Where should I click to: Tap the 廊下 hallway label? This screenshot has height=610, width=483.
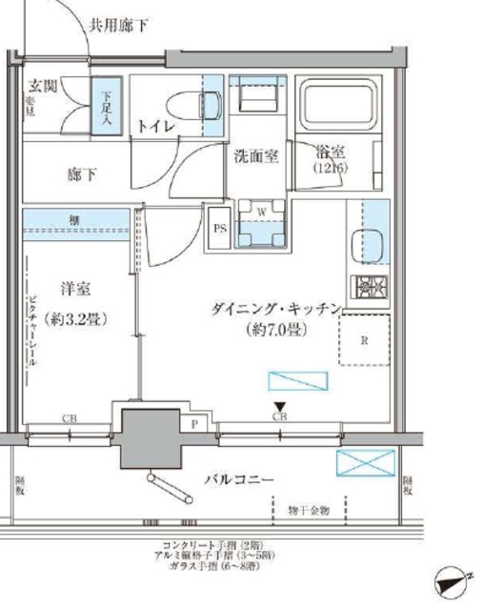pos(82,174)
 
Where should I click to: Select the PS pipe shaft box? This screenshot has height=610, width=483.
pos(218,228)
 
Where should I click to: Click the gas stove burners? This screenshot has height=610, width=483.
pos(368,285)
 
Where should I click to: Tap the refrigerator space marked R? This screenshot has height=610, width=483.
pos(366,339)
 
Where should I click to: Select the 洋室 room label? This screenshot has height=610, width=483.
pos(77,288)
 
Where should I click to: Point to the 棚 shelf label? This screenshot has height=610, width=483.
pos(73,220)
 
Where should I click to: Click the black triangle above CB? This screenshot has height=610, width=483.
pos(279,404)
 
